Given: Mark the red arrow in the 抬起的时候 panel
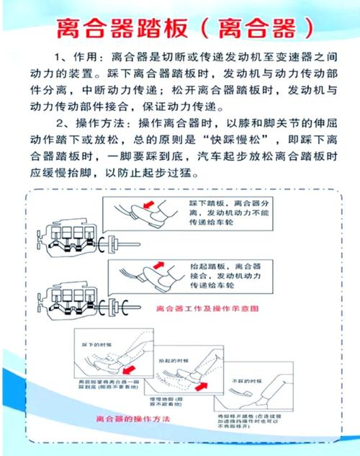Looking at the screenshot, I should [x=202, y=387].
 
